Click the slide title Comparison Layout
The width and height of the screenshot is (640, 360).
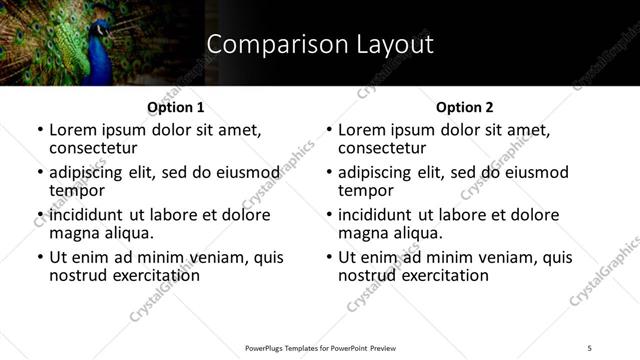[x=319, y=45]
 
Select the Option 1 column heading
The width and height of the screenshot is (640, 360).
[x=175, y=107]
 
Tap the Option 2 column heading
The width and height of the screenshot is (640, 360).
[x=464, y=107]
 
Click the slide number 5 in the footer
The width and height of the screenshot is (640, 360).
[x=589, y=347]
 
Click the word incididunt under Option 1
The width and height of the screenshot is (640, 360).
[x=87, y=214]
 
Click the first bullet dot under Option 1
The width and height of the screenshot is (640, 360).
[x=39, y=130]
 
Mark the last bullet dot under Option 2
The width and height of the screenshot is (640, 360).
[x=328, y=257]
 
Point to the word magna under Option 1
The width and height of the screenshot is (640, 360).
[x=74, y=233]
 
